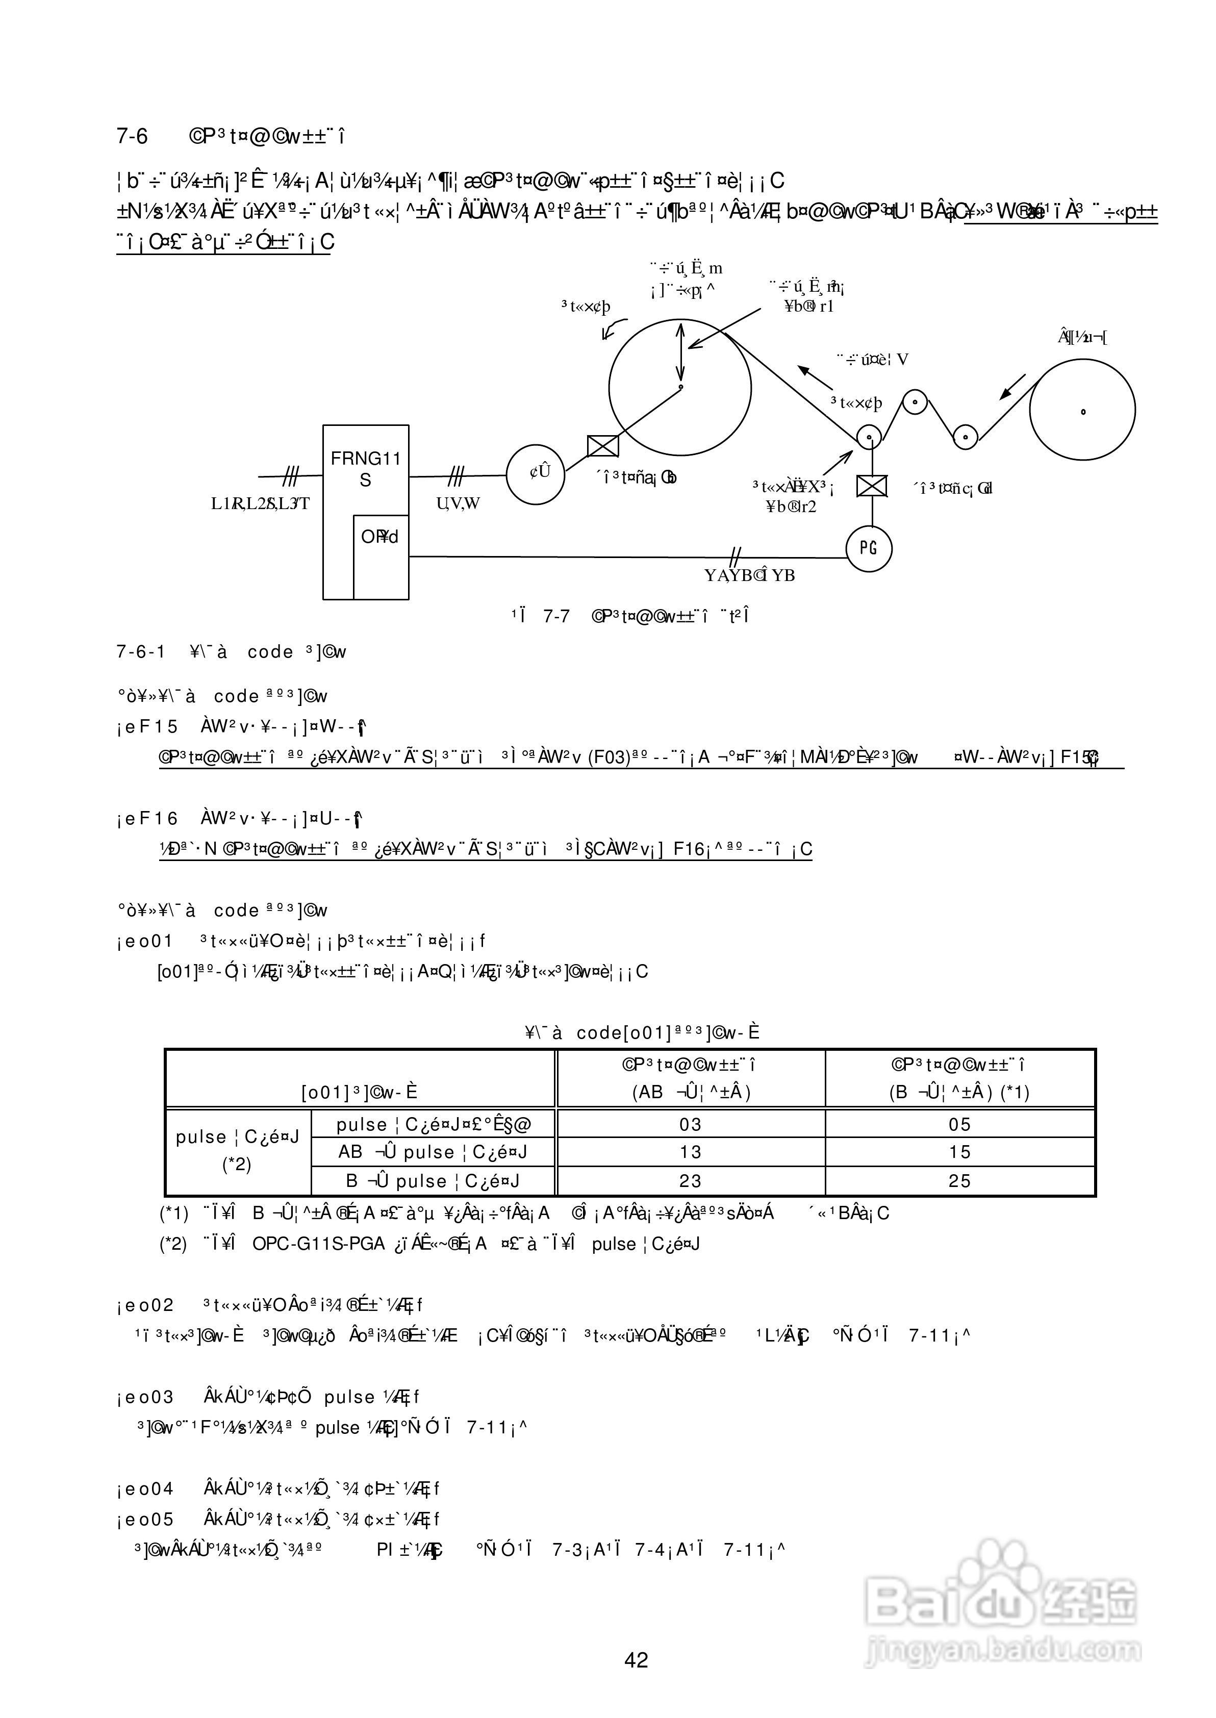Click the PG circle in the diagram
[869, 549]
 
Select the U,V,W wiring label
[458, 504]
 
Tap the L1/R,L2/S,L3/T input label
[260, 504]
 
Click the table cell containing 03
[690, 1124]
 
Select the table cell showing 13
[690, 1152]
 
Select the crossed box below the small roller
[872, 487]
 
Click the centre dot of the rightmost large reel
[1083, 411]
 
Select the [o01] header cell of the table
[360, 1093]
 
